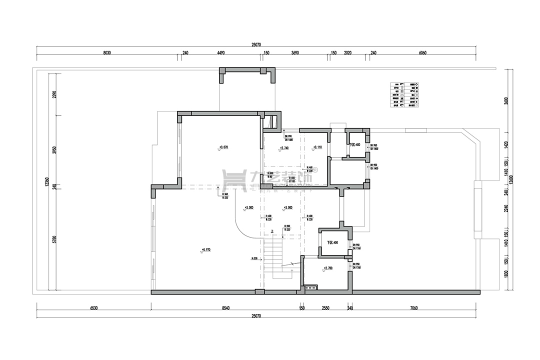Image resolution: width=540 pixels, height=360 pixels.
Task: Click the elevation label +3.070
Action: [223, 147]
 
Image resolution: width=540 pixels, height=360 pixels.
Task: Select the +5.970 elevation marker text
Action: [206, 249]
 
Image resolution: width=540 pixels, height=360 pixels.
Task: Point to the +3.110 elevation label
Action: [317, 147]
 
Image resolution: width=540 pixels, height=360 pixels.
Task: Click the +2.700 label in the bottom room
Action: [328, 268]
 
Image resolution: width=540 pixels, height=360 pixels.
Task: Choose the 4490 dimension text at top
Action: [221, 52]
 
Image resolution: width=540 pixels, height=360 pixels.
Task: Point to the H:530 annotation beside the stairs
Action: [254, 258]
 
